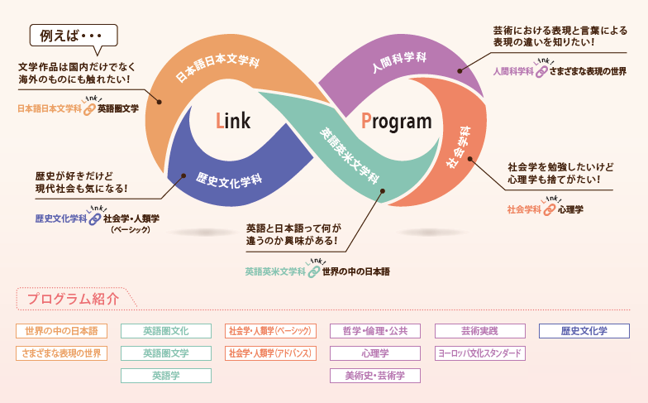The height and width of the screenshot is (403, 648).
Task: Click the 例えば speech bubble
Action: (x=73, y=37)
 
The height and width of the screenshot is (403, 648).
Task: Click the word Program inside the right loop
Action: (x=396, y=122)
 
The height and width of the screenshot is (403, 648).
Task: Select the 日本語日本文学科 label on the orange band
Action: (x=217, y=64)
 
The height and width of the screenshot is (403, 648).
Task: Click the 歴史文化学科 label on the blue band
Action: (x=229, y=177)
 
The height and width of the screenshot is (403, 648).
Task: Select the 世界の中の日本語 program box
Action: (x=61, y=331)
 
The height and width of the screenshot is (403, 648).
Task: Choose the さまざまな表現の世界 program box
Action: (x=61, y=353)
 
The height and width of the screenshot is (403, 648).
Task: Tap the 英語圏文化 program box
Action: (x=165, y=331)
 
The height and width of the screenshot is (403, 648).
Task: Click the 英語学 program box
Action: (x=165, y=376)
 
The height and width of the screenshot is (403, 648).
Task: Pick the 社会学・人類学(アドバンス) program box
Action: (x=270, y=353)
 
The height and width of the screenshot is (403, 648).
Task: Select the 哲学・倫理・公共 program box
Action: (x=375, y=331)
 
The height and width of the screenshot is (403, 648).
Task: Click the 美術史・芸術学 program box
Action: (x=375, y=376)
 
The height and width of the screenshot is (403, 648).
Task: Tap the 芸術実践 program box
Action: (x=479, y=331)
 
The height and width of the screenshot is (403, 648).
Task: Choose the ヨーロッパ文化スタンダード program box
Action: (x=479, y=353)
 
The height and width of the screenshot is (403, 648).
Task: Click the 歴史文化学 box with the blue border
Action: (x=584, y=331)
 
